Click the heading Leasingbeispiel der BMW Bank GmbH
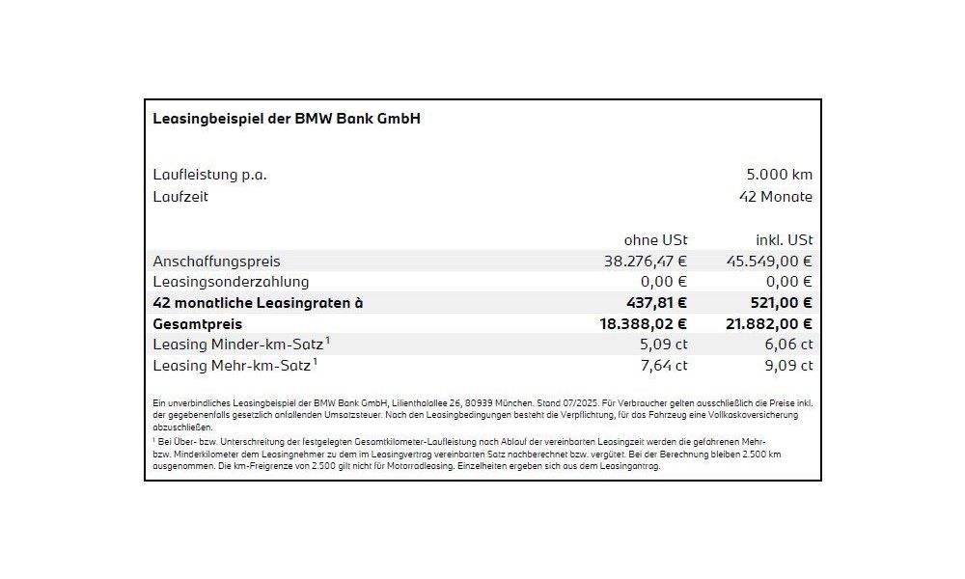coord(287,119)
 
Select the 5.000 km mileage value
coord(779,175)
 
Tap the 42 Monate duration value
coord(775,197)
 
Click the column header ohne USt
coord(655,239)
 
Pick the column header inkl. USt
coord(783,239)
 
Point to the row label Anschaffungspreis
coord(216,261)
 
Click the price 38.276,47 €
coord(646,261)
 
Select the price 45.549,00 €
coord(769,261)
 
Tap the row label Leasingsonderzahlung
coord(231,282)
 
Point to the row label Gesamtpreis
coord(198,324)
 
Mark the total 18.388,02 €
coord(644,324)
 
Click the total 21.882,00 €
coord(768,324)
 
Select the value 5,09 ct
coord(664,345)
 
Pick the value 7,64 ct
coord(664,366)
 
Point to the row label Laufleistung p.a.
coord(209,175)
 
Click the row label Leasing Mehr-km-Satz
coord(232,366)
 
